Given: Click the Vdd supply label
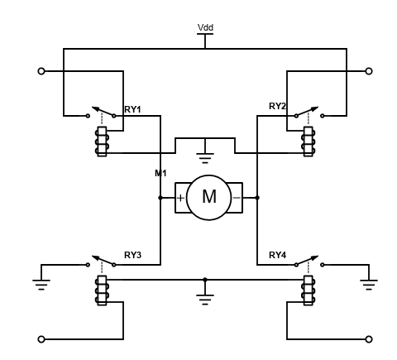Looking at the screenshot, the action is click(x=205, y=27).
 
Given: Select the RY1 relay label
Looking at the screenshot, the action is click(x=132, y=109).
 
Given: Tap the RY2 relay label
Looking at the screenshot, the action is click(x=277, y=106).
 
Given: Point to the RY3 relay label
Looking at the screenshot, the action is click(x=132, y=255).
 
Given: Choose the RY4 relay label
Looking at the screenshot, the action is click(x=277, y=255).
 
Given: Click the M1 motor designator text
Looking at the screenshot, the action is click(x=160, y=173).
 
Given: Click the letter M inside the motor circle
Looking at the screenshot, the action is click(x=209, y=197).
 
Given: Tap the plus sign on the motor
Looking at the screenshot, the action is click(x=180, y=198).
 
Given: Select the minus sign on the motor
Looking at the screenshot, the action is click(x=237, y=198).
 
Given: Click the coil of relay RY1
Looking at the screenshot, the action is click(x=102, y=142).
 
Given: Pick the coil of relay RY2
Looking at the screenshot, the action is click(x=309, y=142).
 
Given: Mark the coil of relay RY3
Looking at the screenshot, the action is click(x=102, y=290).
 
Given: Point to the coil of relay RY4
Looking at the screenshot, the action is click(x=309, y=290).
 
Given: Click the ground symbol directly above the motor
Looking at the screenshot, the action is click(x=205, y=158).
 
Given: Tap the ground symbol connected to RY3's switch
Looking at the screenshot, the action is click(x=41, y=285).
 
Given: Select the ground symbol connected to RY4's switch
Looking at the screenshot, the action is click(x=369, y=285).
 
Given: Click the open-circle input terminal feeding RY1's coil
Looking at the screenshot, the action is click(x=41, y=71).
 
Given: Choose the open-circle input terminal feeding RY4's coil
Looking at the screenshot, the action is click(x=369, y=339).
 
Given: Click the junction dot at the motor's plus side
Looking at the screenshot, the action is click(x=160, y=198).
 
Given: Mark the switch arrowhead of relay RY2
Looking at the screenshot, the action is click(x=314, y=108).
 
